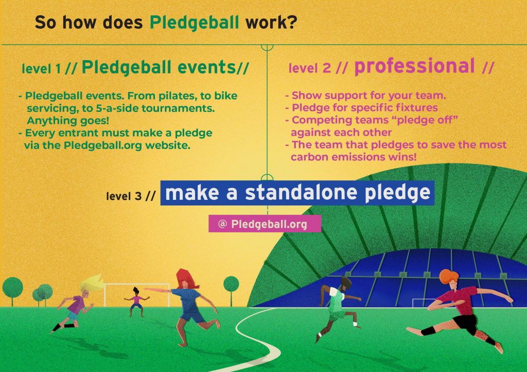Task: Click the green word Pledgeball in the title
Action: (x=194, y=23)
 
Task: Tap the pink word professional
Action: (x=414, y=66)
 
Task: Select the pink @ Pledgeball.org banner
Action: (x=265, y=224)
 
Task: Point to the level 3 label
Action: (x=131, y=196)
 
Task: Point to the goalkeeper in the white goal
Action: (x=136, y=302)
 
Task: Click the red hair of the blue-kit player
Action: (x=185, y=279)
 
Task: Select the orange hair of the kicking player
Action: (x=449, y=275)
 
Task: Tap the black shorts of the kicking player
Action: (x=466, y=323)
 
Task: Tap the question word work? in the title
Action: (x=271, y=23)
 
